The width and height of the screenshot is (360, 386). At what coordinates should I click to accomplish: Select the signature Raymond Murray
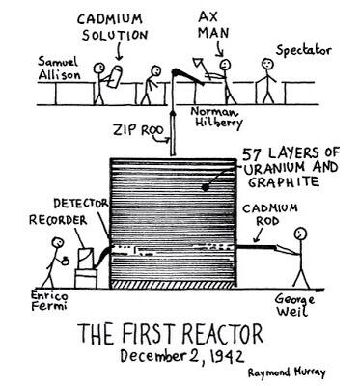[x=288, y=372]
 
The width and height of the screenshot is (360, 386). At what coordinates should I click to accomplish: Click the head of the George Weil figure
[x=302, y=234]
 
